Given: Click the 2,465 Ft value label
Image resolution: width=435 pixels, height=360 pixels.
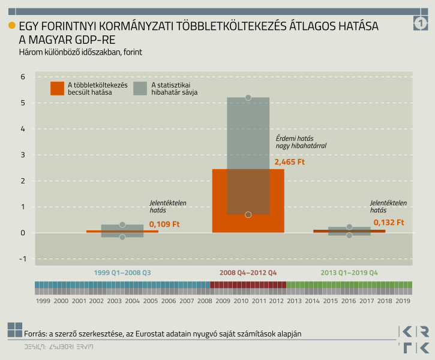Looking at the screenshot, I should coord(290,162).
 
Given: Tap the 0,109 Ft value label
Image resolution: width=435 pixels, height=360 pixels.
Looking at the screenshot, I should coord(164,225).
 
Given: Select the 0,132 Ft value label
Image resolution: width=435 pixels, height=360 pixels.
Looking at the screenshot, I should coord(389,223).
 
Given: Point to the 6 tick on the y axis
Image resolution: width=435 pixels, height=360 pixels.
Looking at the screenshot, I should coord(22,77).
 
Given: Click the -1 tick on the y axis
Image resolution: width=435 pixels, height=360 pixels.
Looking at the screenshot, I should coord(22,259).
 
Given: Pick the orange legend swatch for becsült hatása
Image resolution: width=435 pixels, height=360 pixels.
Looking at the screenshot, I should coord(58,88).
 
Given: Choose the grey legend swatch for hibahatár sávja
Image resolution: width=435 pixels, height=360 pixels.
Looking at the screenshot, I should coord(140,88).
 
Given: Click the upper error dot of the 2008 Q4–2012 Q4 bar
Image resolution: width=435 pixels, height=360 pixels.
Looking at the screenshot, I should coord(248,97).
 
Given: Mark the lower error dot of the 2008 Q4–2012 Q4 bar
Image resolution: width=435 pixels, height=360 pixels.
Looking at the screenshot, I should coord(248,215).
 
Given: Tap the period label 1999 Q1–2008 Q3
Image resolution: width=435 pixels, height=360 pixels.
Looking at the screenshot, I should coord(122,273).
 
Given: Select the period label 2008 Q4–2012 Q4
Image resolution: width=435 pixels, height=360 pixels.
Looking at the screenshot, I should coord(248,273).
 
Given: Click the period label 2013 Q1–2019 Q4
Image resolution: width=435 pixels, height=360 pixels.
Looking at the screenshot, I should coord(349,273).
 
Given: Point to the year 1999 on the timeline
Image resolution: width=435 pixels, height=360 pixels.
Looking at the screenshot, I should coord(43,300).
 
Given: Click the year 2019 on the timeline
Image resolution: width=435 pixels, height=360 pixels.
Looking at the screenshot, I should coord(403,300).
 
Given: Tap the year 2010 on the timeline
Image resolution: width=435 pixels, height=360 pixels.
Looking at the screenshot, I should coord(241,300).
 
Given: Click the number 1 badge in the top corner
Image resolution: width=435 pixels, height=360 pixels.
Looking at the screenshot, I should coord(421,23).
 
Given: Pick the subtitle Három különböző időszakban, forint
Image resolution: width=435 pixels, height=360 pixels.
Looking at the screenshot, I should coord(80,52).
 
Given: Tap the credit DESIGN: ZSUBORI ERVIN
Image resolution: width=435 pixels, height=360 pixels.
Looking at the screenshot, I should coord(59,347).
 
